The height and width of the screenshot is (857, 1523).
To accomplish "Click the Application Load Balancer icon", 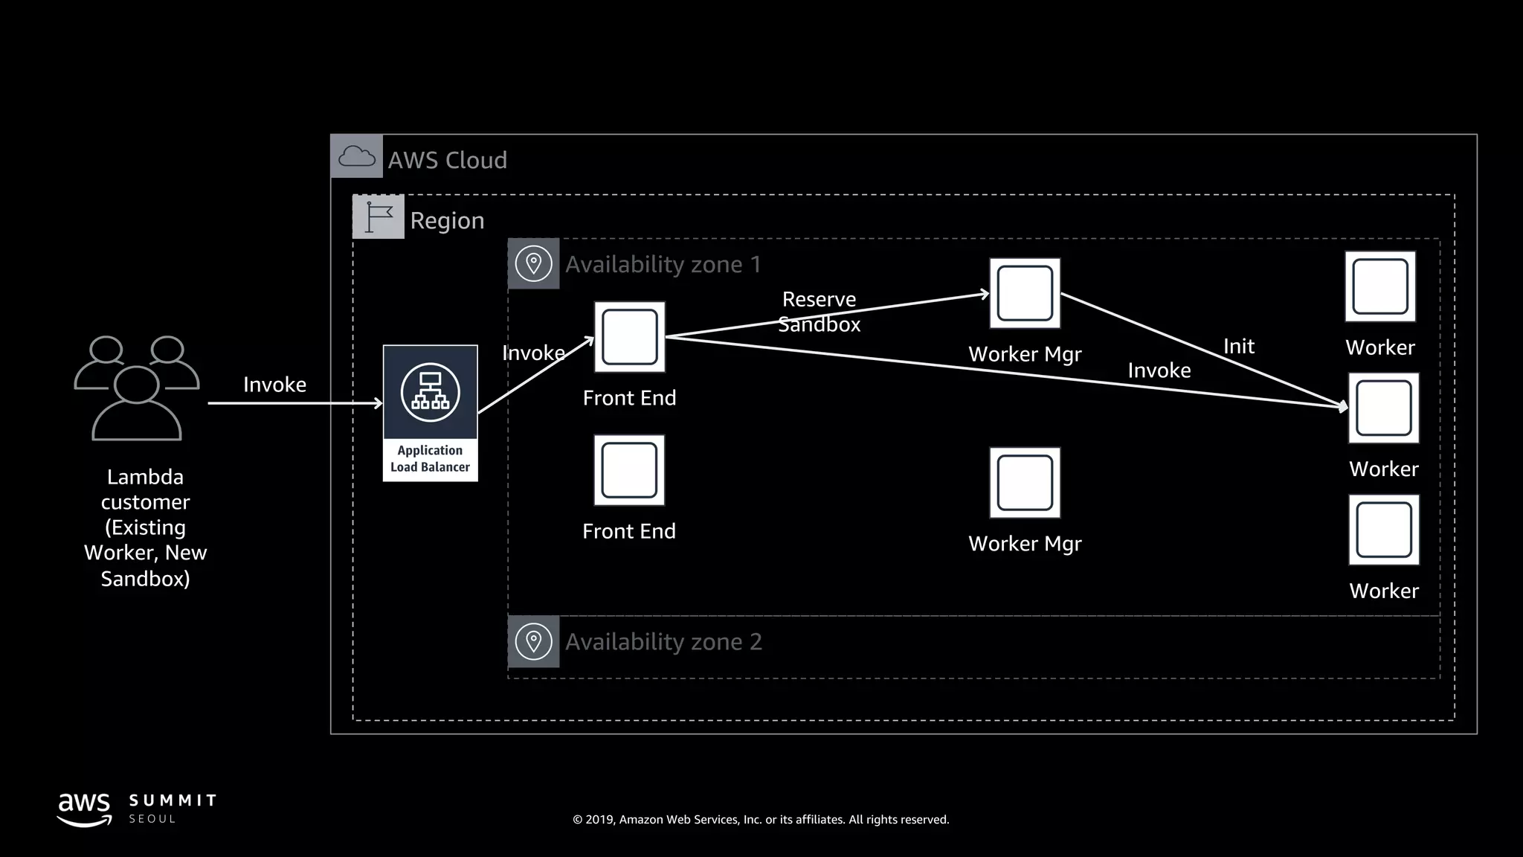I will (430, 393).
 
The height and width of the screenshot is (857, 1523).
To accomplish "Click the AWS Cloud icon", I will (356, 156).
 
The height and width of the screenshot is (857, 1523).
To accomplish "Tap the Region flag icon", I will (379, 216).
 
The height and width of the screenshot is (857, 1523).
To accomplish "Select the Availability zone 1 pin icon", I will (533, 263).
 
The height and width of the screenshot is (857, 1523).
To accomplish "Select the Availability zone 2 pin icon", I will (533, 641).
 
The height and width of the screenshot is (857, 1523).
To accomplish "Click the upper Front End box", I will (629, 337).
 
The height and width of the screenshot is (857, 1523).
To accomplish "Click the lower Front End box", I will (629, 470).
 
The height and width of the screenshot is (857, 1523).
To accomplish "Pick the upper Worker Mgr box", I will (1025, 293).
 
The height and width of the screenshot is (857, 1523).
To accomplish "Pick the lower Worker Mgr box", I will (1025, 483).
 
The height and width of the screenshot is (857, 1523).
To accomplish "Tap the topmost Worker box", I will (1380, 286).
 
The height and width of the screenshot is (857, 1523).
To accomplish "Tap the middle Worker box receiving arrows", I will (1384, 408).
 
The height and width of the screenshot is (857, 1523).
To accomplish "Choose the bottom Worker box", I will (1384, 530).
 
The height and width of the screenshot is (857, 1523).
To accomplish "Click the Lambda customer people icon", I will (137, 388).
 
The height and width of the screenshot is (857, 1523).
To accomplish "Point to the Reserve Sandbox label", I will (819, 312).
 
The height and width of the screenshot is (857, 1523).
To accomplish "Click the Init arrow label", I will (1238, 346).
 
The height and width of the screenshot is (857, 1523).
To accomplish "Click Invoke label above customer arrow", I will (274, 385).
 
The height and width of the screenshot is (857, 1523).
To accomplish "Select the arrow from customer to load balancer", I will (294, 403).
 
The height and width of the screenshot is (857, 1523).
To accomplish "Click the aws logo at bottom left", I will (85, 809).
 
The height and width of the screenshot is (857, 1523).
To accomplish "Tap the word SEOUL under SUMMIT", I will (152, 818).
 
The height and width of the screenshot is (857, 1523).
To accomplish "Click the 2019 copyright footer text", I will (761, 819).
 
